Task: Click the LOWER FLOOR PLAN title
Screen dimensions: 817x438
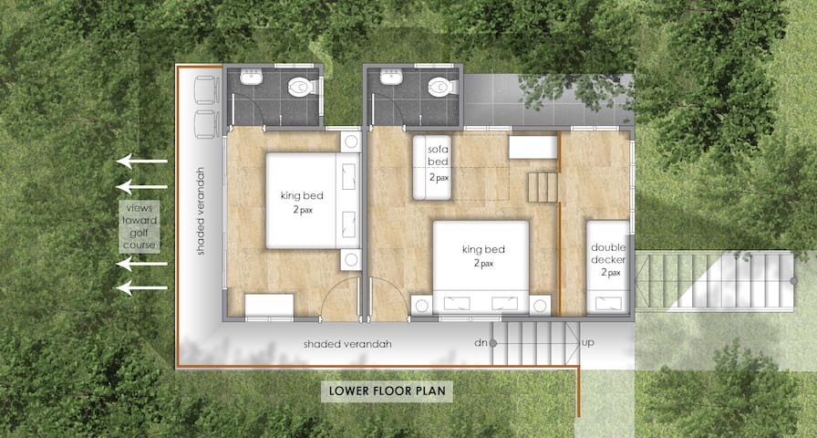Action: tap(386, 391)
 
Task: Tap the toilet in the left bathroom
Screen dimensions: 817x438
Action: tap(301, 87)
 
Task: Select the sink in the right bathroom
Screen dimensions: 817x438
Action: tap(390, 78)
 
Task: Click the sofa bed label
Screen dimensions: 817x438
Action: tap(439, 155)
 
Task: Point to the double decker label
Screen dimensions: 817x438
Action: tap(608, 253)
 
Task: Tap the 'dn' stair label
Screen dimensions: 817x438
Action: tap(480, 343)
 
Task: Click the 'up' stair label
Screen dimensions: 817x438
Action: tap(588, 343)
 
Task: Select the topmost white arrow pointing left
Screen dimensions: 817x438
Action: tap(141, 162)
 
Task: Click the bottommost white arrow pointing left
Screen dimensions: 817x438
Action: tap(141, 287)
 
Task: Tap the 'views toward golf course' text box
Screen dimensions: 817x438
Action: tap(140, 226)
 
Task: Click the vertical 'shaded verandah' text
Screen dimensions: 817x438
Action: tap(201, 211)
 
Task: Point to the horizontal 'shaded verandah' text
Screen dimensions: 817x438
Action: tap(347, 344)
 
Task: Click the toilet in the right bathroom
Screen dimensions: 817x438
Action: tap(441, 87)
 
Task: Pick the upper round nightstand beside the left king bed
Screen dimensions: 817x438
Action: tap(351, 141)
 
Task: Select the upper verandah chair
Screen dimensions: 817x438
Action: tap(205, 90)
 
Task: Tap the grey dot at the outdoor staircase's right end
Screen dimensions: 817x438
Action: tap(793, 280)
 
